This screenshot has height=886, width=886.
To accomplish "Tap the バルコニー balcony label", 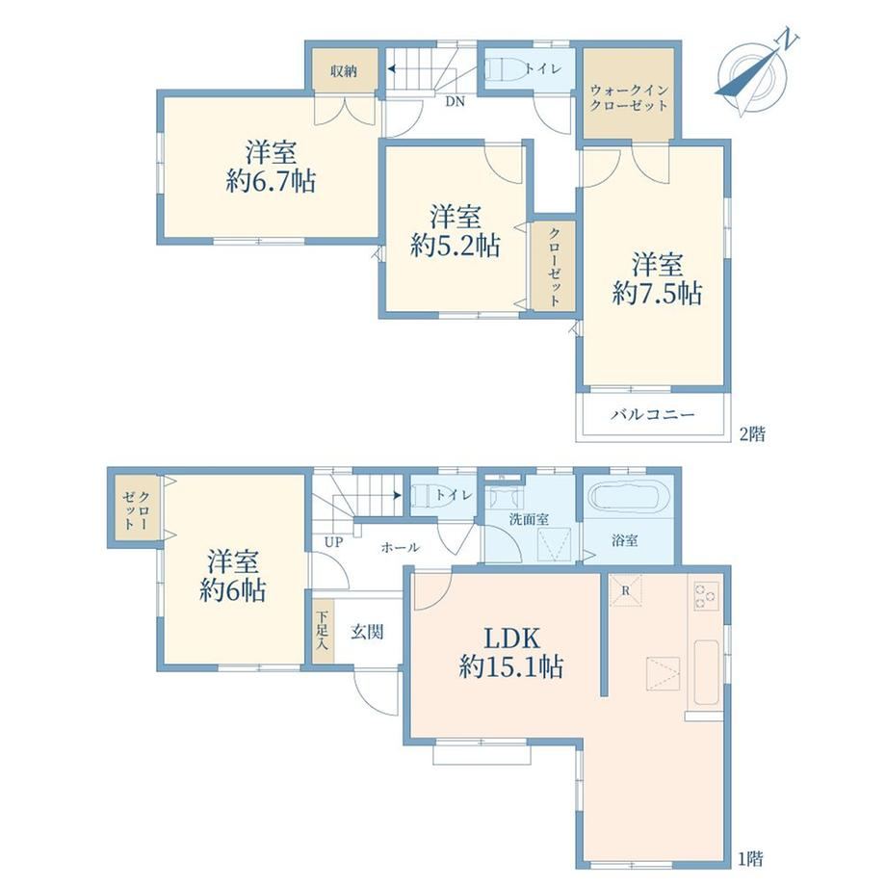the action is click(x=653, y=415).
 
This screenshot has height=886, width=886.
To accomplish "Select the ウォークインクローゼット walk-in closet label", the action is click(x=629, y=98).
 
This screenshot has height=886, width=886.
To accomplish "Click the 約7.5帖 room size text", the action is click(x=657, y=294).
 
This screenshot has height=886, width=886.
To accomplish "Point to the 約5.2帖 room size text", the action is click(x=455, y=246).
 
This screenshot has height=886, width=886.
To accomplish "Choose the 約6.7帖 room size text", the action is click(x=271, y=181).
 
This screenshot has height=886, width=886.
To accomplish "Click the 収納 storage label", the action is click(x=344, y=71).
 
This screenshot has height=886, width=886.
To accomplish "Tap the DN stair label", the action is click(x=455, y=102).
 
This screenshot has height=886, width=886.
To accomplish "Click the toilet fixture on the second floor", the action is click(x=501, y=69).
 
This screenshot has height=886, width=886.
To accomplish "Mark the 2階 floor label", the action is click(x=753, y=434).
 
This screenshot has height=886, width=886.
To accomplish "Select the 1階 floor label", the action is click(x=750, y=859).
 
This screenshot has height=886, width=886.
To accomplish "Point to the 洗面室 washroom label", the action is click(x=529, y=519).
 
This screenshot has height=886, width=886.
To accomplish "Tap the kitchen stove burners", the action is click(x=706, y=596).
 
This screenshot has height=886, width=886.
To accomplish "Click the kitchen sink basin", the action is click(x=706, y=672).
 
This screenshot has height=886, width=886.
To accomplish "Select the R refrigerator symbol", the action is click(x=626, y=590).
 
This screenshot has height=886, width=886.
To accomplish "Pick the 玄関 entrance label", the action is click(x=367, y=632).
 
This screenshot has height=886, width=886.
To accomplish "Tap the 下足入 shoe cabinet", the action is click(x=324, y=631).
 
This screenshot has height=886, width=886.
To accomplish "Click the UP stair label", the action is click(x=333, y=542).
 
